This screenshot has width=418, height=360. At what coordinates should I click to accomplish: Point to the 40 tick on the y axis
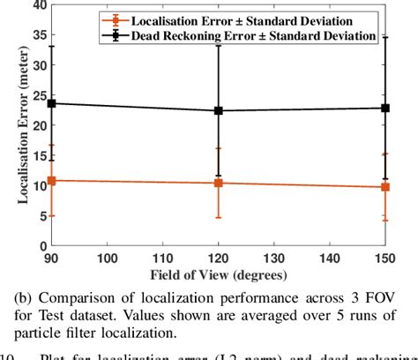point(39,6)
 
